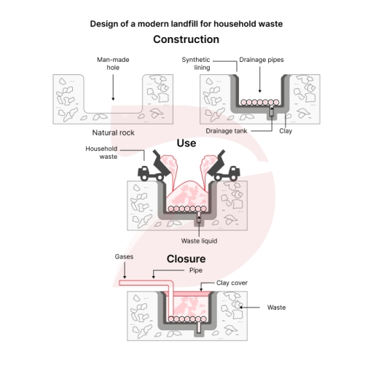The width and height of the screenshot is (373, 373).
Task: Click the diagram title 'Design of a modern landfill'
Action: pyautogui.click(x=186, y=23)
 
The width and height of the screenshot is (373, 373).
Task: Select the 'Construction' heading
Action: pyautogui.click(x=186, y=39)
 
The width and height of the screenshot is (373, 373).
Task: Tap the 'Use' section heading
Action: pyautogui.click(x=186, y=144)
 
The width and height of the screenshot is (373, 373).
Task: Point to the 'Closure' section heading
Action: pyautogui.click(x=186, y=259)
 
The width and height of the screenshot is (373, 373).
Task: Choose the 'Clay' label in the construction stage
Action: pyautogui.click(x=286, y=130)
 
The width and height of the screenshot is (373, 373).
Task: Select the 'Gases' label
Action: pyautogui.click(x=123, y=256)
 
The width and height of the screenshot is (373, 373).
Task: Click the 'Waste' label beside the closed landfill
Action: pyautogui.click(x=276, y=307)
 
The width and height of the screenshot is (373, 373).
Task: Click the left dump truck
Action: pyautogui.click(x=153, y=169)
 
